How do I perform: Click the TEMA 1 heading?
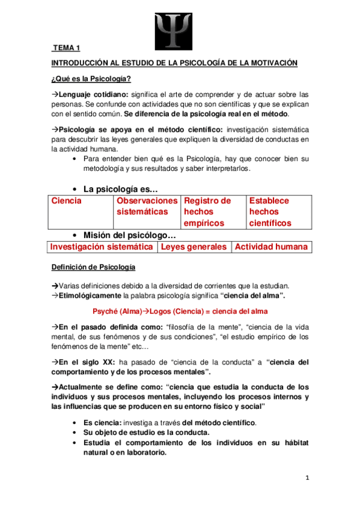pos(66,48)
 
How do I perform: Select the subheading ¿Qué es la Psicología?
pos(91,79)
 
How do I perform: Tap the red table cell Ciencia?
pos(66,201)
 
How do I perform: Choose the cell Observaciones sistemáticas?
pos(147,206)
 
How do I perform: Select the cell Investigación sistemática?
pos(101,247)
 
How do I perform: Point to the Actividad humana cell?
pos(271,247)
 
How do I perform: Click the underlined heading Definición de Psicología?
pos(93,266)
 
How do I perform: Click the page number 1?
pos(307,478)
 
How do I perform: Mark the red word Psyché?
pos(106,312)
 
